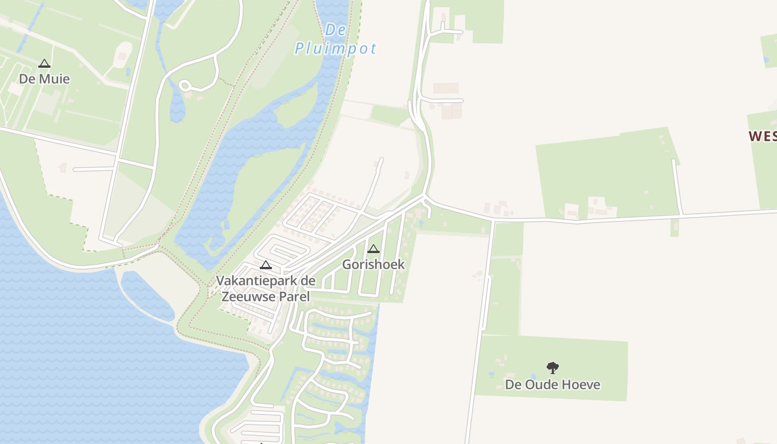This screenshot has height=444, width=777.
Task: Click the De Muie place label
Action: [44, 79]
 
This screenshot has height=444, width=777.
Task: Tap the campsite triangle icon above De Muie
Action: [44, 64]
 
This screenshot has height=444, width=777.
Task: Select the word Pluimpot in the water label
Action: [335, 49]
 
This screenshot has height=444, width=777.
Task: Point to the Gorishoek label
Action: [374, 264]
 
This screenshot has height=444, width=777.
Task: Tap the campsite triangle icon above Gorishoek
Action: [374, 249]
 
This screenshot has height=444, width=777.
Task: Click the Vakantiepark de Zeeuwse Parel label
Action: [265, 289]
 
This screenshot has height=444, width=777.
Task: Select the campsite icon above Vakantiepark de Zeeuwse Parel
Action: [266, 265]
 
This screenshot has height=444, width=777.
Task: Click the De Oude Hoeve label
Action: [552, 385]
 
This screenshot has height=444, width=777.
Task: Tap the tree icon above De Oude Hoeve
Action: [552, 367]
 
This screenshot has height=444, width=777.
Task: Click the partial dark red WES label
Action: [762, 136]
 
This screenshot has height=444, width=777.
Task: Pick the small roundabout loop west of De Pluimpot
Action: [185, 86]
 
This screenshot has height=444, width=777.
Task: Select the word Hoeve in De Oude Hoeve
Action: [581, 385]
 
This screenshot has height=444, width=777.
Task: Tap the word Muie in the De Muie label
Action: [55, 79]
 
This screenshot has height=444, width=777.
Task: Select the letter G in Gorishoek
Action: [347, 264]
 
